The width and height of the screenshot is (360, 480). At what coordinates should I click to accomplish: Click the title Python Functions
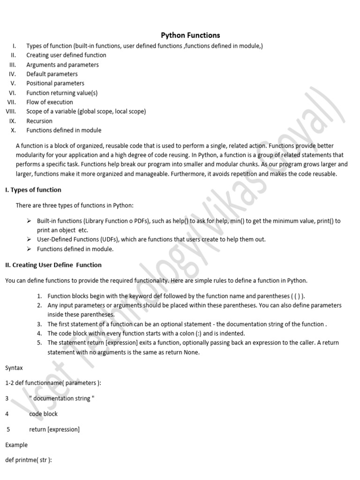click(190, 35)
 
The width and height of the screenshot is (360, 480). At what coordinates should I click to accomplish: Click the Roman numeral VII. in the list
click(12, 102)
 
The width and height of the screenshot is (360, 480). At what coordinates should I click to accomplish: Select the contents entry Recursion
click(39, 121)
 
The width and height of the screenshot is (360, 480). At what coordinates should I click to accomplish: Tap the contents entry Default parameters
click(52, 74)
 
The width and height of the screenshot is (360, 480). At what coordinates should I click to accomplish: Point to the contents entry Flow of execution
click(50, 102)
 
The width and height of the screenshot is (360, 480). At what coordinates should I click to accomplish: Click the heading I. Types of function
click(33, 190)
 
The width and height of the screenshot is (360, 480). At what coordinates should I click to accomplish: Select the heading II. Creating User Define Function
click(53, 265)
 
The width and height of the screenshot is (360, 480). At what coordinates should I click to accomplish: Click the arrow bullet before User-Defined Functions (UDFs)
click(30, 239)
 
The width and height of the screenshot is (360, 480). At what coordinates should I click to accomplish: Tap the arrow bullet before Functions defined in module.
click(30, 249)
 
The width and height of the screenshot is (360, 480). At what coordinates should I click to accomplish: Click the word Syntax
click(14, 368)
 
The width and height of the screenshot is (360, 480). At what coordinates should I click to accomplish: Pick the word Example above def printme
click(16, 445)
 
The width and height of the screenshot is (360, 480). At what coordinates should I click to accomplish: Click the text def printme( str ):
click(28, 460)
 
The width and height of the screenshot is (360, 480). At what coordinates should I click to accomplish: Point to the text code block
click(43, 414)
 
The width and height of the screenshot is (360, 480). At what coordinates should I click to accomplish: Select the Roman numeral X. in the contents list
click(13, 130)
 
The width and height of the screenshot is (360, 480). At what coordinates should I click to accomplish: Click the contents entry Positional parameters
click(55, 83)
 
